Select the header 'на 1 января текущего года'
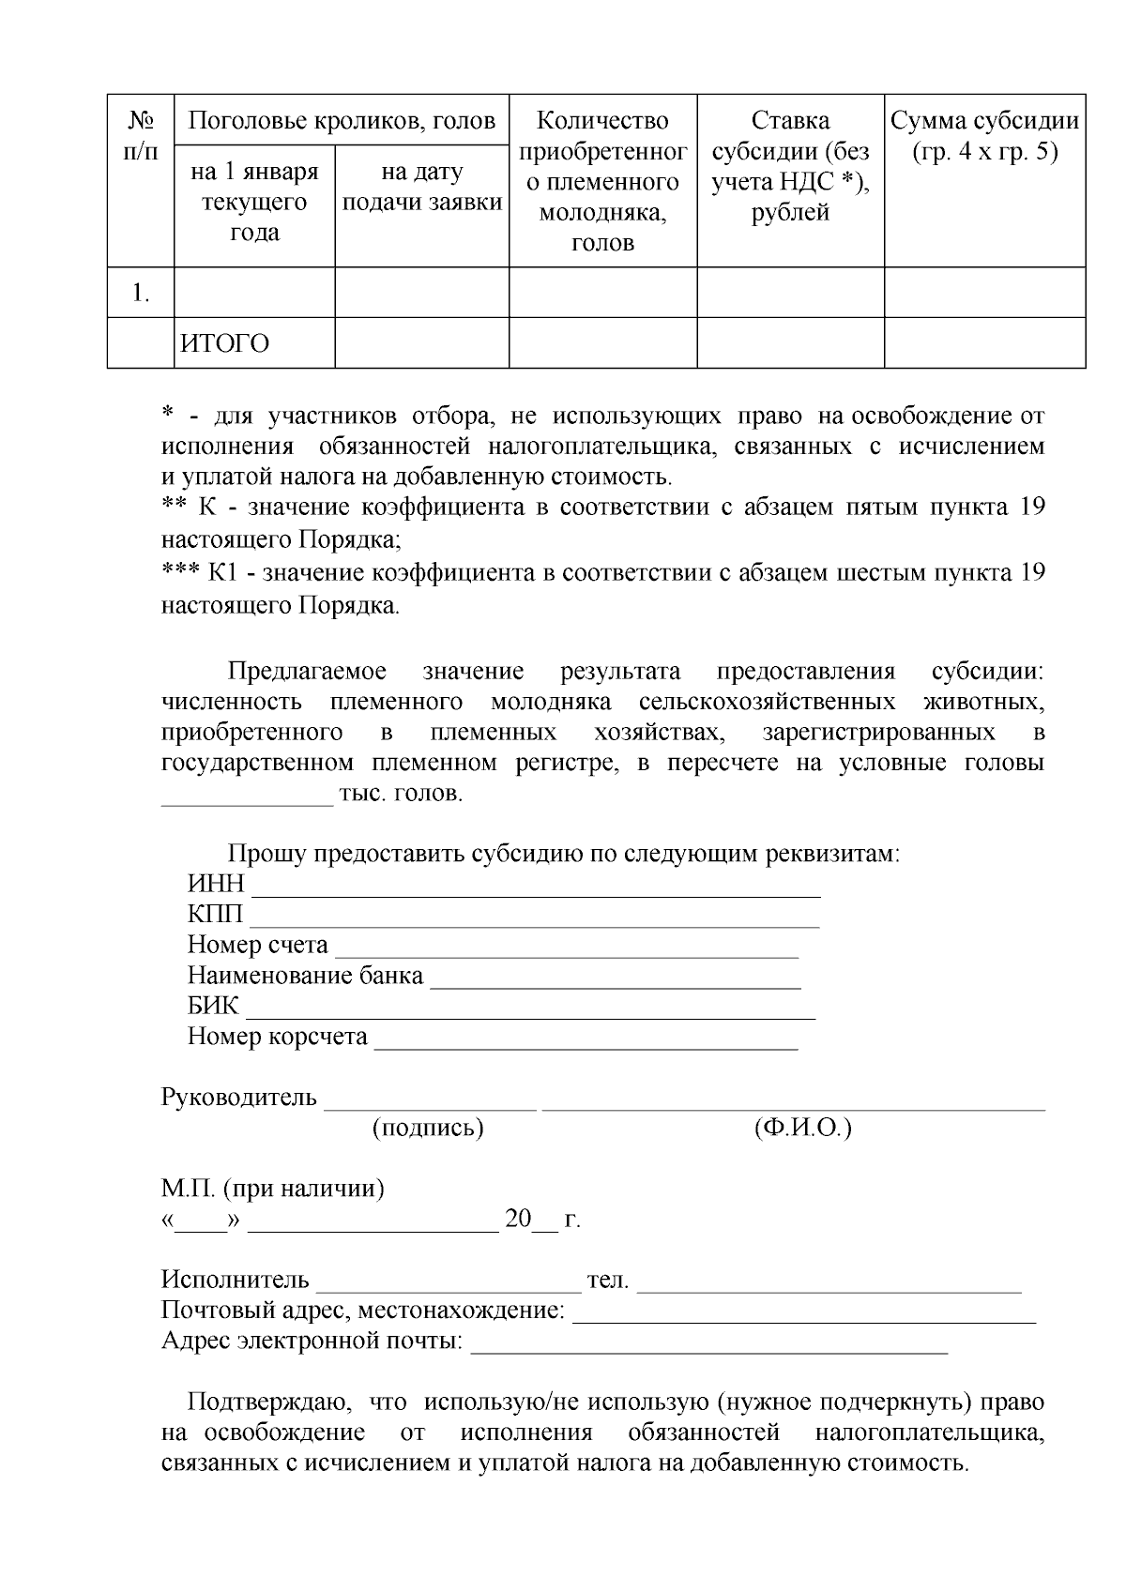tap(254, 202)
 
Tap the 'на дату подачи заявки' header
tap(421, 187)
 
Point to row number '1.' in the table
tap(141, 293)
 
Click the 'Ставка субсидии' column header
tap(790, 166)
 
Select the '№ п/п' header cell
tap(141, 135)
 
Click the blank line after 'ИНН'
tap(535, 887)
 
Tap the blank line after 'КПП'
tap(535, 917)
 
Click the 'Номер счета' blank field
tap(566, 948)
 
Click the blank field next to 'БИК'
tap(530, 1009)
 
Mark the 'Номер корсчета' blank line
tap(586, 1039)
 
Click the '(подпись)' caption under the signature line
tap(428, 1128)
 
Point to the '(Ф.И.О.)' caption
tap(802, 1128)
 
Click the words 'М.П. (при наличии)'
tap(272, 1190)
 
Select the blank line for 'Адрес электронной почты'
tap(708, 1343)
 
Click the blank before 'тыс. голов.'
tap(248, 796)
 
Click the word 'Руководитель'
tap(239, 1098)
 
